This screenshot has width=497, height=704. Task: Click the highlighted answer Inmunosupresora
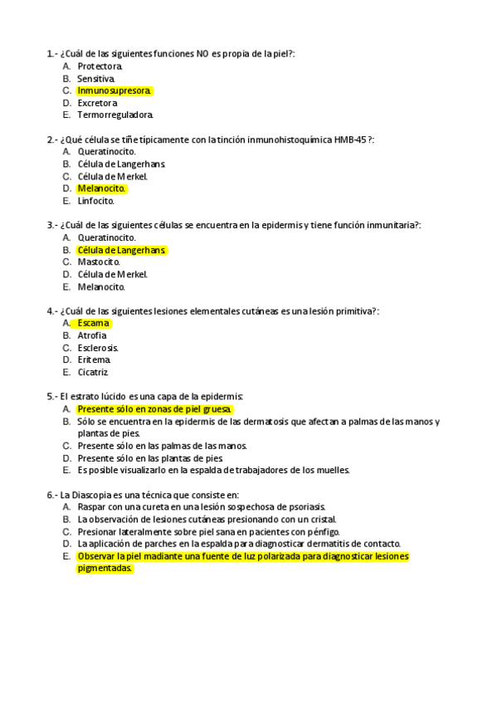[x=114, y=90]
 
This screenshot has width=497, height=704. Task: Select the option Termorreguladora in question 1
[x=115, y=115]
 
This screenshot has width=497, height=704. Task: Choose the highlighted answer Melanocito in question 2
[x=101, y=188]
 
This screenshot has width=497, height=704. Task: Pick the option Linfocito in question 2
[x=96, y=201]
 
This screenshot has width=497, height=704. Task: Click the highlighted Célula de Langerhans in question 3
[x=121, y=250]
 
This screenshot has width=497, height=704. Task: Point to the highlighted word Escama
[x=93, y=323]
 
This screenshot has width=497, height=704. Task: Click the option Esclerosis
[x=98, y=348]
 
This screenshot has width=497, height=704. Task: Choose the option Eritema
[x=94, y=360]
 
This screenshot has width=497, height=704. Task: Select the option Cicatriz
[x=93, y=373]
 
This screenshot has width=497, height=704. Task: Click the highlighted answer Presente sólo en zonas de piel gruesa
[x=154, y=409]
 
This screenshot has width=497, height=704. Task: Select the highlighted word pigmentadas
[x=105, y=569]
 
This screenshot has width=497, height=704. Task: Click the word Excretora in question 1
[x=97, y=103]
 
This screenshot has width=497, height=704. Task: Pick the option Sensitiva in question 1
[x=96, y=78]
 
